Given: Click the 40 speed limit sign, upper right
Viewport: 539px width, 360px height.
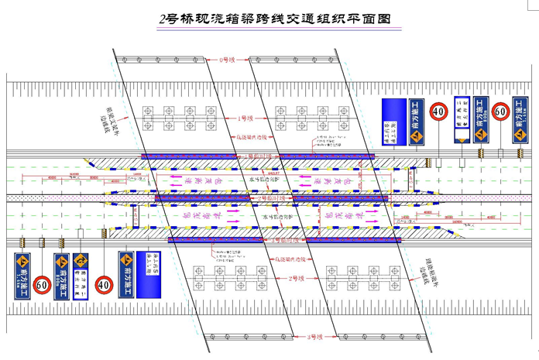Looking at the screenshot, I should [439, 112].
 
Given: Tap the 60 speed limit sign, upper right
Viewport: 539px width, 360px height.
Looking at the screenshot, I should [501, 112].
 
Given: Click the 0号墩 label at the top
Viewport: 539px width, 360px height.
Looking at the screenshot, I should [227, 59].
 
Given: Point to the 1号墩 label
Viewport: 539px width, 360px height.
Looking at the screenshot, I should [246, 120].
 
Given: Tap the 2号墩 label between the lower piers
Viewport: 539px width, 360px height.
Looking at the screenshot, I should [294, 277].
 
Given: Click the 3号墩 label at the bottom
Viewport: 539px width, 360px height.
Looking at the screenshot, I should [314, 338].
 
